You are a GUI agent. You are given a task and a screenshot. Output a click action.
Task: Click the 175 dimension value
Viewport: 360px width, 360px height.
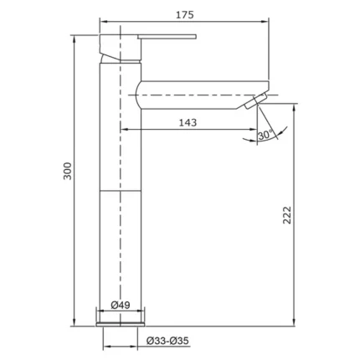184,15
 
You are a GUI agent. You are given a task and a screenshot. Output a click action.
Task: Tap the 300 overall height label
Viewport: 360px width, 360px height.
67,171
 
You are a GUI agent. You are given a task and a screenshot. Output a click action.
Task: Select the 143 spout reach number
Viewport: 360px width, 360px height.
188,122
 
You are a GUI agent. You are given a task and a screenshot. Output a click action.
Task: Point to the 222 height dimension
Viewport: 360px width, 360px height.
287,215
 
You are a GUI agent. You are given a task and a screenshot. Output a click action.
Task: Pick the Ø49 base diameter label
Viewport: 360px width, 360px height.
121,305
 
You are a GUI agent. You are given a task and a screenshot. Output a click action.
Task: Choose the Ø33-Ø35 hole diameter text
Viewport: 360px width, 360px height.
167,341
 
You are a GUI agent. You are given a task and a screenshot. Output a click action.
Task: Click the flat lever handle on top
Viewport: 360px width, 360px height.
167,37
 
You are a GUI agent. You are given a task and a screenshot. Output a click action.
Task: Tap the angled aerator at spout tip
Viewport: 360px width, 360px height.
256,101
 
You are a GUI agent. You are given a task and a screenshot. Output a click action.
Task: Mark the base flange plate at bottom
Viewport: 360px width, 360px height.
121,324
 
